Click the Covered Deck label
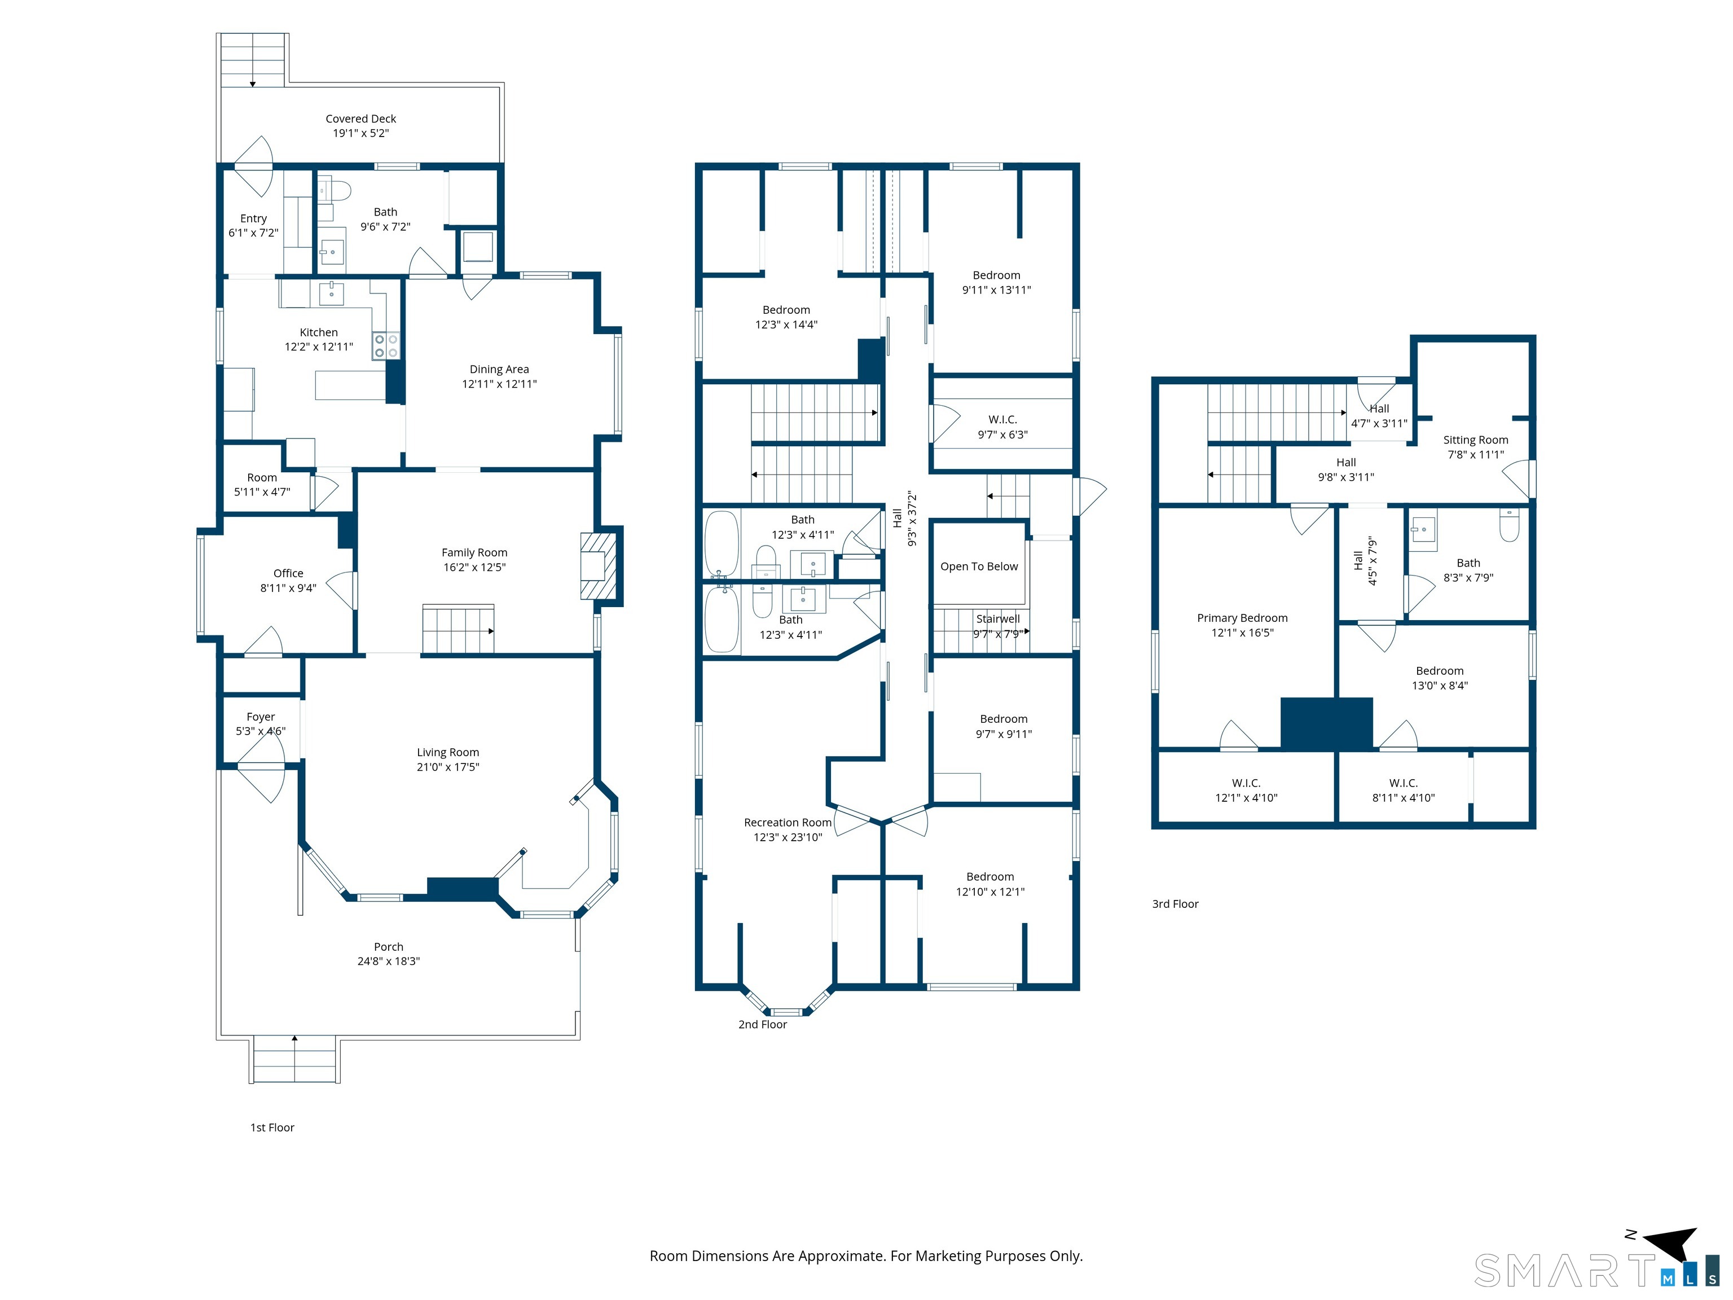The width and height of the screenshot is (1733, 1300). click(x=360, y=119)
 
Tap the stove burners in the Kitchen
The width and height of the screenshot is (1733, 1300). click(x=385, y=345)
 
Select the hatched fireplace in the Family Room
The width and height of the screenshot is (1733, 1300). click(x=598, y=566)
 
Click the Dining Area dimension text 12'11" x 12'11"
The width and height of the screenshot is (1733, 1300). click(x=499, y=384)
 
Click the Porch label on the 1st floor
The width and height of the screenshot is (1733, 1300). click(x=389, y=947)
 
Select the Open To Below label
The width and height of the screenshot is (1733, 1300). click(x=979, y=566)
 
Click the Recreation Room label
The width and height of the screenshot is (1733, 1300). click(x=788, y=823)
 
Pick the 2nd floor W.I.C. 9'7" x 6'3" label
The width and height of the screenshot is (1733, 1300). click(x=1003, y=427)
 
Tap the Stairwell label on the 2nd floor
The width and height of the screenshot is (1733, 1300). click(x=998, y=619)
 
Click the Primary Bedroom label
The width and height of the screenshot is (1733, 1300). click(x=1243, y=618)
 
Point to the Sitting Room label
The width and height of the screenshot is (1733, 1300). click(x=1476, y=440)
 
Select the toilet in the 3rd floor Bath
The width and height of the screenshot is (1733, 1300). click(x=1509, y=525)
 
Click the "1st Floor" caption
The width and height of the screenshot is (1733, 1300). click(x=272, y=1127)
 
